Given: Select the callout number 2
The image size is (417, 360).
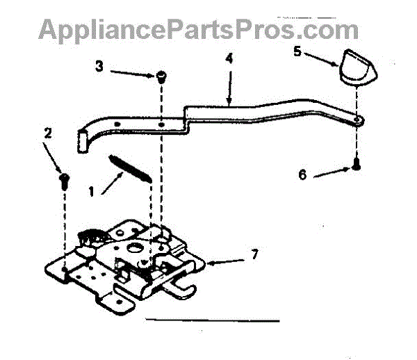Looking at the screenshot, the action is click(47, 133).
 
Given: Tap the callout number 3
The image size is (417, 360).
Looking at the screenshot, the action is click(99, 67).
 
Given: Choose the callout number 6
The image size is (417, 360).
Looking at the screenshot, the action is click(302, 174).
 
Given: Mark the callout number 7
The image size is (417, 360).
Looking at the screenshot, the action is click(254, 255).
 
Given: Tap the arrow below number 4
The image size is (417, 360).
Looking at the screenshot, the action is click(229, 88).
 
